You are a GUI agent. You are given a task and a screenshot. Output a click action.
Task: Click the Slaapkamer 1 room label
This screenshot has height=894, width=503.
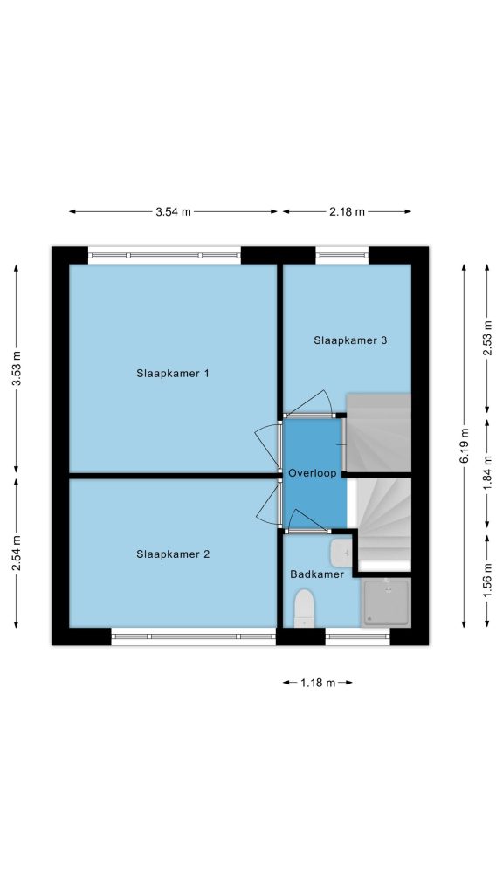pos(173,374)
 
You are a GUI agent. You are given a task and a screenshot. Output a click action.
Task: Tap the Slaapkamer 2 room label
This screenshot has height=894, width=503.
pos(174,554)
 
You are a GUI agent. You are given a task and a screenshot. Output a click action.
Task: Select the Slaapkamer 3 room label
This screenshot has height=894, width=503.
pos(351,340)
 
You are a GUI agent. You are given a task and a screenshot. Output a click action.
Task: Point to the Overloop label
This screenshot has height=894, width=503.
pos(313,473)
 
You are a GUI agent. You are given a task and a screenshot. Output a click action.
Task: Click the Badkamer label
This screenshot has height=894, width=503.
pos(317,574)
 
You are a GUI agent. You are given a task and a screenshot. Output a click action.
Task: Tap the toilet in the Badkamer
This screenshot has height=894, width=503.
pos(304,609)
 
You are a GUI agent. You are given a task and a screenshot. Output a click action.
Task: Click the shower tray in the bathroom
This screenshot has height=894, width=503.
pos(386,602)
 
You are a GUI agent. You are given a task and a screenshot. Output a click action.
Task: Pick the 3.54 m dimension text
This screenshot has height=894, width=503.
pos(174,211)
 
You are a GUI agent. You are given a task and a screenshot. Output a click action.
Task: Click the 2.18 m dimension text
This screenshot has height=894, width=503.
pos(347,211)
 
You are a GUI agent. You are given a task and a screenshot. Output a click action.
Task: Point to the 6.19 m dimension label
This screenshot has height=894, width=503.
pos(465,445)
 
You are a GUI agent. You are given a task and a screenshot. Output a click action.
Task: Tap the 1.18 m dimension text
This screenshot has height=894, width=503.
pos(318,683)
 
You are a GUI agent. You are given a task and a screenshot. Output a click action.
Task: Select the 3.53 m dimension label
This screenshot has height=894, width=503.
pos(17,368)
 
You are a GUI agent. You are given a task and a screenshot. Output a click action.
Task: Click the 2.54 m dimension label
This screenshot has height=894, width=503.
pos(17,553)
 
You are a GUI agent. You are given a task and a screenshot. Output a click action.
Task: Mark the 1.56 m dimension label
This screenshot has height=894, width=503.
pos(487,581)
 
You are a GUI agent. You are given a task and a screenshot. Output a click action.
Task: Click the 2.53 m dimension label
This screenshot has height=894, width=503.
pos(487,338)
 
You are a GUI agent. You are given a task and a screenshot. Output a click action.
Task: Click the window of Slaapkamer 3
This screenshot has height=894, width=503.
pos(342,255)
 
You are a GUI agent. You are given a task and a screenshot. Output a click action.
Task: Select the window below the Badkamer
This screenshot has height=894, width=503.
pos(357,636)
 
